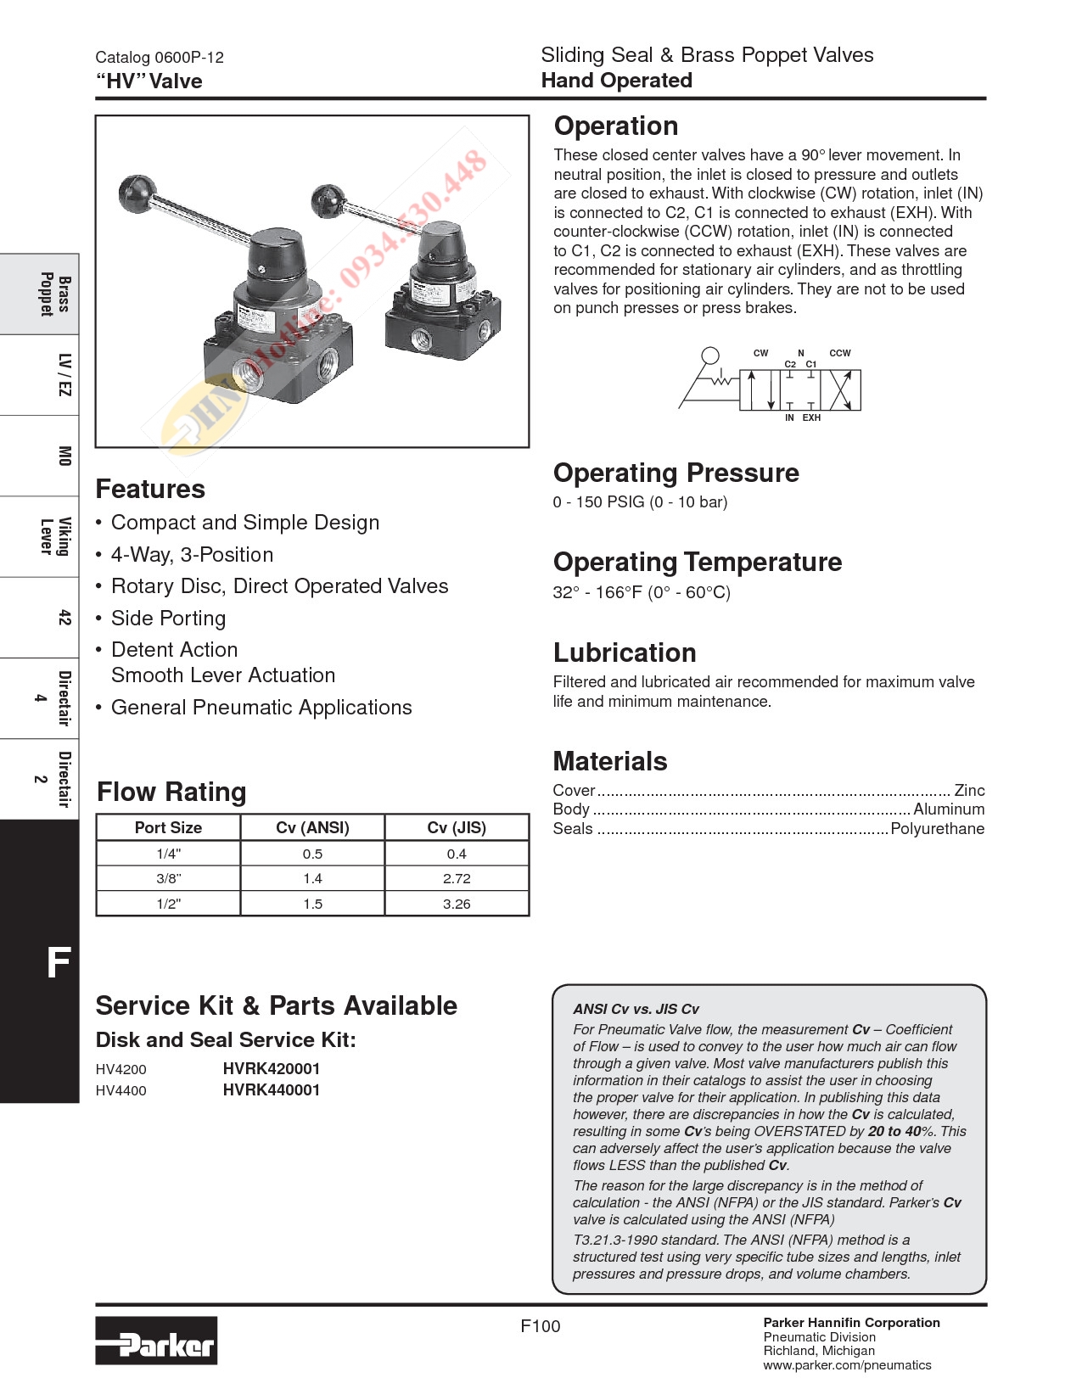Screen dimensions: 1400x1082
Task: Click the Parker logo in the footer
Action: click(156, 1341)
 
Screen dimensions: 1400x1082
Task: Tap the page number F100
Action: click(541, 1326)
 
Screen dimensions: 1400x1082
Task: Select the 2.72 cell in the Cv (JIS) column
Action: click(457, 879)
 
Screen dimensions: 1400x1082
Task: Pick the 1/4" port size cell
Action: click(168, 854)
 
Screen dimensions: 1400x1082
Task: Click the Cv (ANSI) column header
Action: click(312, 827)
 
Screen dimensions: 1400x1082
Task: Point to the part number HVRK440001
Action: click(272, 1090)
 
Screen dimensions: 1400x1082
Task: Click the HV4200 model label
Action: click(121, 1070)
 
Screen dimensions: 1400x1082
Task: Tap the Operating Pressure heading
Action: click(676, 473)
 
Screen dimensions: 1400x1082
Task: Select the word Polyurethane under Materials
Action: click(937, 829)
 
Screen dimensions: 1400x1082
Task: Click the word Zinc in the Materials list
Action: click(969, 791)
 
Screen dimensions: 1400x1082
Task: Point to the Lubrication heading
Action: click(625, 652)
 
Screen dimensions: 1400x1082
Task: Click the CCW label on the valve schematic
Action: click(839, 353)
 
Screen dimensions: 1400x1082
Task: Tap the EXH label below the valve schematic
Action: click(812, 417)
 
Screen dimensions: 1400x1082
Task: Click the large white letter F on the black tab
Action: click(58, 963)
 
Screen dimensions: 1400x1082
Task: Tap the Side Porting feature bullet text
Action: click(168, 619)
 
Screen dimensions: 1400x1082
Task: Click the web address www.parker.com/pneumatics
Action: click(847, 1365)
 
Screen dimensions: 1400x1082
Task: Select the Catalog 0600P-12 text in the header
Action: click(160, 58)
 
